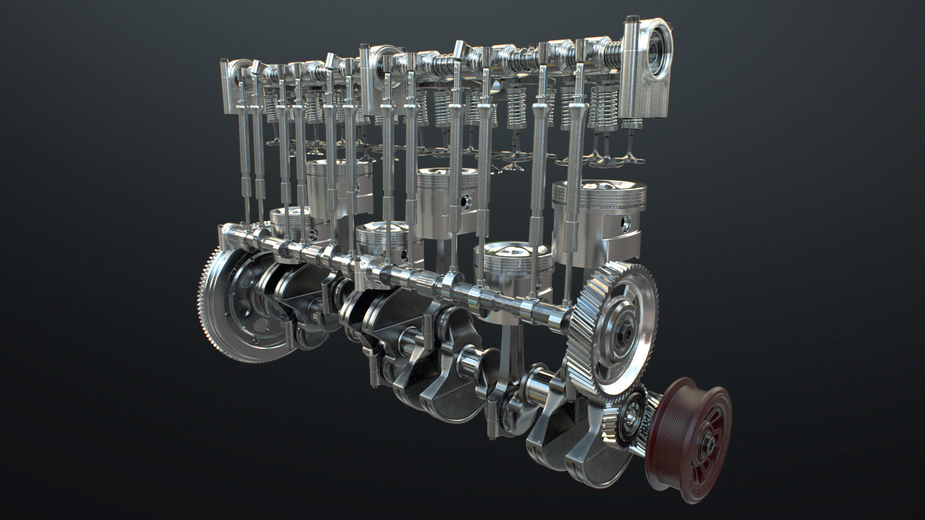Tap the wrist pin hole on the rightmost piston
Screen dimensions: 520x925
(626, 222)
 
